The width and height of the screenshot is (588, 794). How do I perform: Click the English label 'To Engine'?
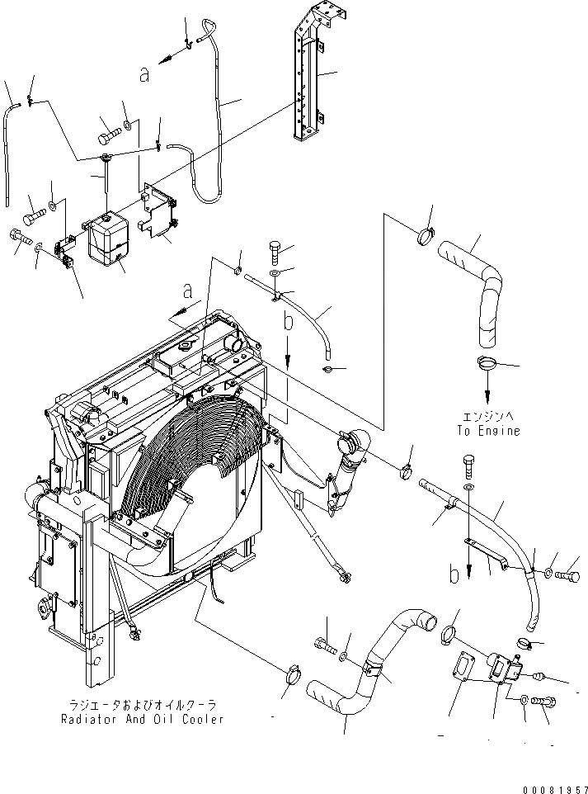(489, 431)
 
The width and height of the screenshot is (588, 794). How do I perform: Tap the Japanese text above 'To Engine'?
(489, 418)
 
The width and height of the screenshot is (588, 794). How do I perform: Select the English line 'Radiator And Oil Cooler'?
(142, 719)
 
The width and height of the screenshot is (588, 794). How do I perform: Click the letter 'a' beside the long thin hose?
(144, 74)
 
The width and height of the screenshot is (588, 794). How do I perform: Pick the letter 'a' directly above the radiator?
(188, 291)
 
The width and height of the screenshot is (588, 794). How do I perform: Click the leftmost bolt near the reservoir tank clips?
(16, 237)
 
